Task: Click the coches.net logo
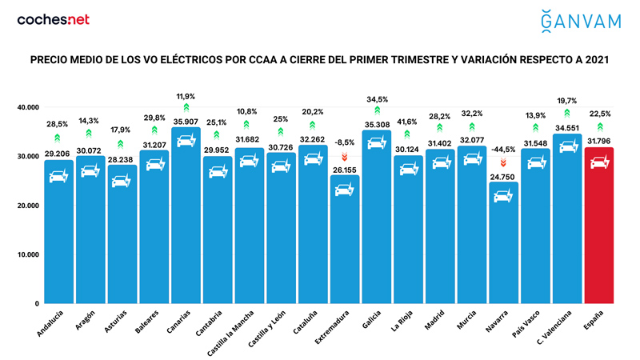(54, 19)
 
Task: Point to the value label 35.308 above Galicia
(376, 125)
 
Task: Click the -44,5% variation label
(503, 150)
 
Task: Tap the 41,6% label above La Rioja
(408, 121)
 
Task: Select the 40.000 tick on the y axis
(28, 107)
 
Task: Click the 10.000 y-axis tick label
(28, 255)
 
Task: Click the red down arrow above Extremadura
(345, 157)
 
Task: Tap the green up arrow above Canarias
(186, 107)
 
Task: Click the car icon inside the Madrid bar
(439, 162)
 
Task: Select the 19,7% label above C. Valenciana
(566, 101)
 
